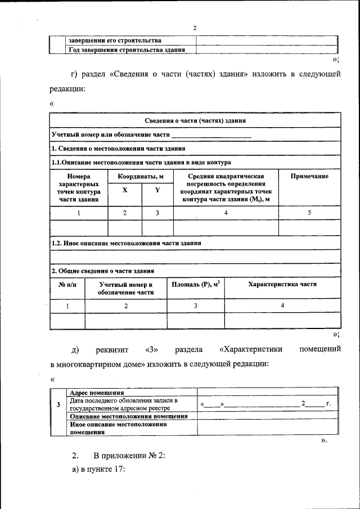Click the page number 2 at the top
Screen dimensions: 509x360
click(x=195, y=28)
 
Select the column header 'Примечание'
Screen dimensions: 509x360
click(x=309, y=177)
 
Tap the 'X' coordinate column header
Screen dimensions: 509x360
click(x=125, y=190)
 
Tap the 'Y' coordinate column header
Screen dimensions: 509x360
click(x=157, y=190)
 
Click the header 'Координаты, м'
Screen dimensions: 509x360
click(x=141, y=177)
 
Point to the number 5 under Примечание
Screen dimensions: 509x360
click(x=309, y=213)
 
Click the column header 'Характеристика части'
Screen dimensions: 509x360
click(x=282, y=284)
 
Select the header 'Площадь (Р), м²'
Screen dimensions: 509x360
click(x=195, y=284)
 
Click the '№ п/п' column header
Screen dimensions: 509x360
click(x=67, y=284)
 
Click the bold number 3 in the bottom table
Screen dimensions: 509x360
click(x=60, y=404)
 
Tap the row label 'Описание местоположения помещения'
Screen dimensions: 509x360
click(x=129, y=416)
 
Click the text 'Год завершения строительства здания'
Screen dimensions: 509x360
click(x=127, y=49)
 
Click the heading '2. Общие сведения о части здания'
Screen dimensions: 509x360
click(x=103, y=271)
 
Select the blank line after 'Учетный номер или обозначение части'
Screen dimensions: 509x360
click(x=211, y=136)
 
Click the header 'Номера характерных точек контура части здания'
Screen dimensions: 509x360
click(x=79, y=187)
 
